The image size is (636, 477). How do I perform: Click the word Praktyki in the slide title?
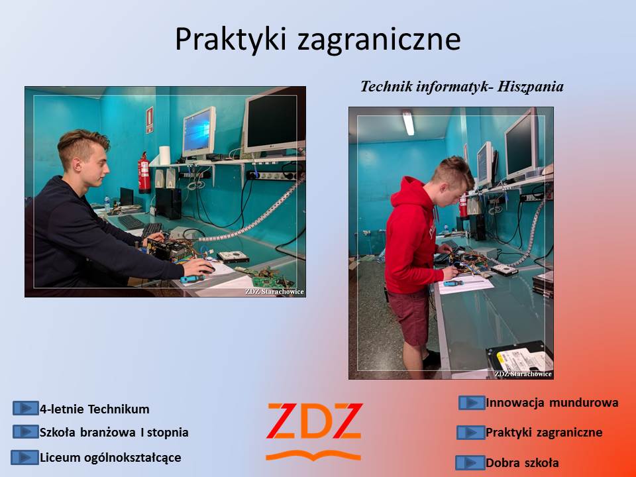pyautogui.click(x=231, y=39)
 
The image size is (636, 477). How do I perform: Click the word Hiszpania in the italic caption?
pyautogui.click(x=531, y=86)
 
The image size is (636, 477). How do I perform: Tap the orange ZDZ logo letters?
pyautogui.click(x=314, y=421)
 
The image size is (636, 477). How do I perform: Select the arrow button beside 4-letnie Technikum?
pyautogui.click(x=26, y=408)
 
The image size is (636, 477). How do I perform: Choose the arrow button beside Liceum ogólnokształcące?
pyautogui.click(x=25, y=458)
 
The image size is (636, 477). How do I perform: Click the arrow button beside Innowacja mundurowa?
pyautogui.click(x=472, y=403)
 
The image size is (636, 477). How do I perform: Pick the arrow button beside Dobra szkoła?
pyautogui.click(x=470, y=463)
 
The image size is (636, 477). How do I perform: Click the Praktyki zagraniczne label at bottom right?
pyautogui.click(x=544, y=433)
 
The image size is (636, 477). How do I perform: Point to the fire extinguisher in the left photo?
pyautogui.click(x=144, y=173)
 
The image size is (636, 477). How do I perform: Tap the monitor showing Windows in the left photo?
pyautogui.click(x=199, y=132)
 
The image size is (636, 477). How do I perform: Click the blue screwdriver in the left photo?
pyautogui.click(x=192, y=279)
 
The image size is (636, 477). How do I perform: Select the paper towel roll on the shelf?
pyautogui.click(x=164, y=155)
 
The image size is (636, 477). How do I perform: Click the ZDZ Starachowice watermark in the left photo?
pyautogui.click(x=274, y=291)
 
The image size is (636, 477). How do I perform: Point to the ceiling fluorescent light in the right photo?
pyautogui.click(x=409, y=123)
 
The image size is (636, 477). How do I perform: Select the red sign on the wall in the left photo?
pyautogui.click(x=150, y=120)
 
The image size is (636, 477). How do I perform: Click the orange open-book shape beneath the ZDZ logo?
pyautogui.click(x=313, y=455)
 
